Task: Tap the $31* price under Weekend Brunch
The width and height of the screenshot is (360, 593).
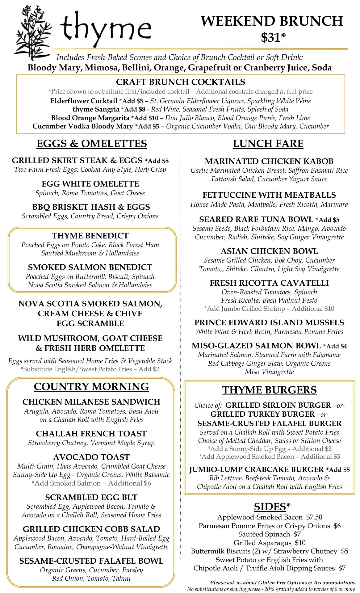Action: [273, 37]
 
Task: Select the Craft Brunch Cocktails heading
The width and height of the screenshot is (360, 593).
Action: [181, 82]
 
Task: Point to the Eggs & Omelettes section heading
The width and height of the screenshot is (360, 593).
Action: [92, 144]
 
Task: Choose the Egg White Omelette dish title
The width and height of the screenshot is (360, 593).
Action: [90, 184]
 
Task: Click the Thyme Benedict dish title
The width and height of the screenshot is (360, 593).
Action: [90, 236]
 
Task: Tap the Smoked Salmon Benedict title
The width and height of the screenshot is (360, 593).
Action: [90, 267]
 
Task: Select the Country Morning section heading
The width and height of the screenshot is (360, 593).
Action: [91, 386]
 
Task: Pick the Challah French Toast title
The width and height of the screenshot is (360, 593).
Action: [91, 434]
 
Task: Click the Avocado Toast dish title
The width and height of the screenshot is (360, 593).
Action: [91, 457]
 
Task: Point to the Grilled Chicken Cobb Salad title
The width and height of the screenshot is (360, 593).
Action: [91, 529]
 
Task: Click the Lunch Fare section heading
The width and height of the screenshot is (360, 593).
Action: [268, 144]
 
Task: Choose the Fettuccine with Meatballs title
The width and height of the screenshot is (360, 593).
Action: [269, 195]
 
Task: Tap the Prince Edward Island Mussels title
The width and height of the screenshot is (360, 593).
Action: [269, 322]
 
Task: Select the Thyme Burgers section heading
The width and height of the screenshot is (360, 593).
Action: [270, 390]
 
